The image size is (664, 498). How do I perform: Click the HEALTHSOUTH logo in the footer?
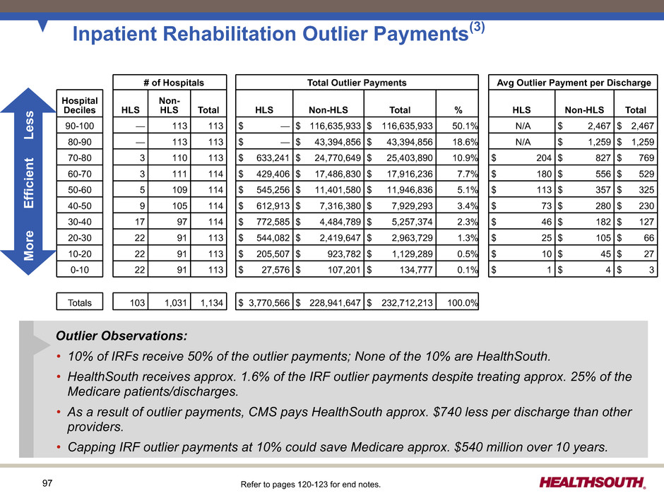coord(593,482)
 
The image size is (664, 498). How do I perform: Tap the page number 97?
coord(47,482)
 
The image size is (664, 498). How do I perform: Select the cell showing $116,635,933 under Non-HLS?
coord(328,126)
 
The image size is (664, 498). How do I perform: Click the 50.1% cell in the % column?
coord(457,126)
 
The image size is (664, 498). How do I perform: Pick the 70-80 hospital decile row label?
coord(80,158)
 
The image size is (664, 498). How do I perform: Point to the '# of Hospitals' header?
coord(174,83)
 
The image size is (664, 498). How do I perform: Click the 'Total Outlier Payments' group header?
coord(357,83)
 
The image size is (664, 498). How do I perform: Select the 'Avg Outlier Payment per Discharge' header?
coord(574,83)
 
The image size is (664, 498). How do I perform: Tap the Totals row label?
coord(80,302)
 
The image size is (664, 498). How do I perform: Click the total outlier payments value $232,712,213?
coord(401,302)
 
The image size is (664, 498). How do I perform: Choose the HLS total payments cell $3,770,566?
coord(264,302)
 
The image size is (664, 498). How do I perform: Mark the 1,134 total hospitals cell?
coord(208,302)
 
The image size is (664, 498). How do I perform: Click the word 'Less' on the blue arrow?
coord(29,125)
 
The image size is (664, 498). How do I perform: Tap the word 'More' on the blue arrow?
coord(29,246)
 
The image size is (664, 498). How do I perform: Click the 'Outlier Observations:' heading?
coord(121,336)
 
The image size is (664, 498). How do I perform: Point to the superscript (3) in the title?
coord(477,27)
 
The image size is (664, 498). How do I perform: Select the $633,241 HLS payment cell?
coord(264,158)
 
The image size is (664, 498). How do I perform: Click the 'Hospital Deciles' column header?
coord(80,105)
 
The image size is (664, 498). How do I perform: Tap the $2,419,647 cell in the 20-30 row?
coord(328,237)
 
